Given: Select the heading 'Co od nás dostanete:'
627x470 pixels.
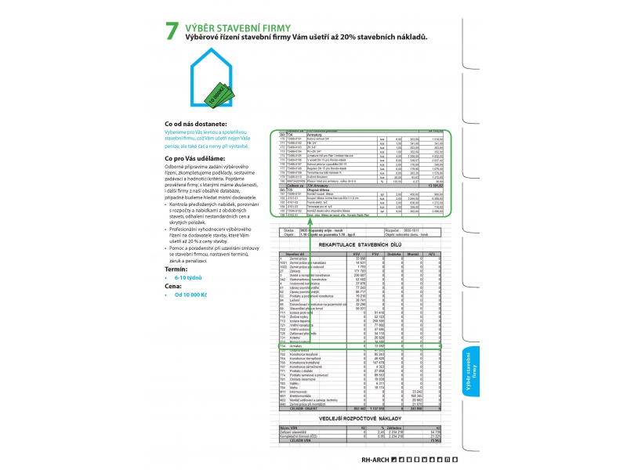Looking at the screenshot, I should point(195,124).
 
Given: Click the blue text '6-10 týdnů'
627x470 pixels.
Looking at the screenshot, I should point(188,277).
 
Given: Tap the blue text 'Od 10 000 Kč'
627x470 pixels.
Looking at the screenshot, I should point(190,295).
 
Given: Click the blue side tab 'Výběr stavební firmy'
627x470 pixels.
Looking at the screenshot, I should point(473,371).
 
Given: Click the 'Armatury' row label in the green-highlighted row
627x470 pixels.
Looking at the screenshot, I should point(297,345).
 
